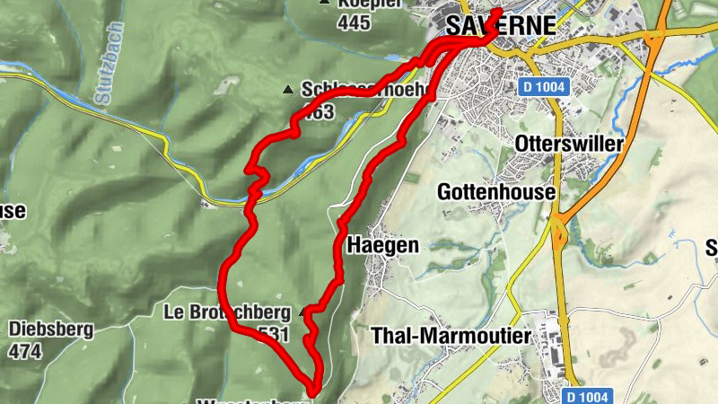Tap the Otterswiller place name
tap(569, 144)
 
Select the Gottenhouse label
tap(495, 191)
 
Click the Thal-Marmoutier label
tap(451, 335)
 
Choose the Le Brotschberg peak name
tap(226, 312)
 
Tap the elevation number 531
tap(273, 334)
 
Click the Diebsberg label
tap(51, 329)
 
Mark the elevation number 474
tap(24, 351)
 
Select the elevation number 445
tap(355, 22)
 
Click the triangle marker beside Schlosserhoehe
tap(288, 90)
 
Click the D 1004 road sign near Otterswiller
tap(543, 86)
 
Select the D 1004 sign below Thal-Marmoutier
tap(589, 395)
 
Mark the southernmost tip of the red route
tap(313, 391)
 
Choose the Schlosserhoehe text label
tap(350, 91)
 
